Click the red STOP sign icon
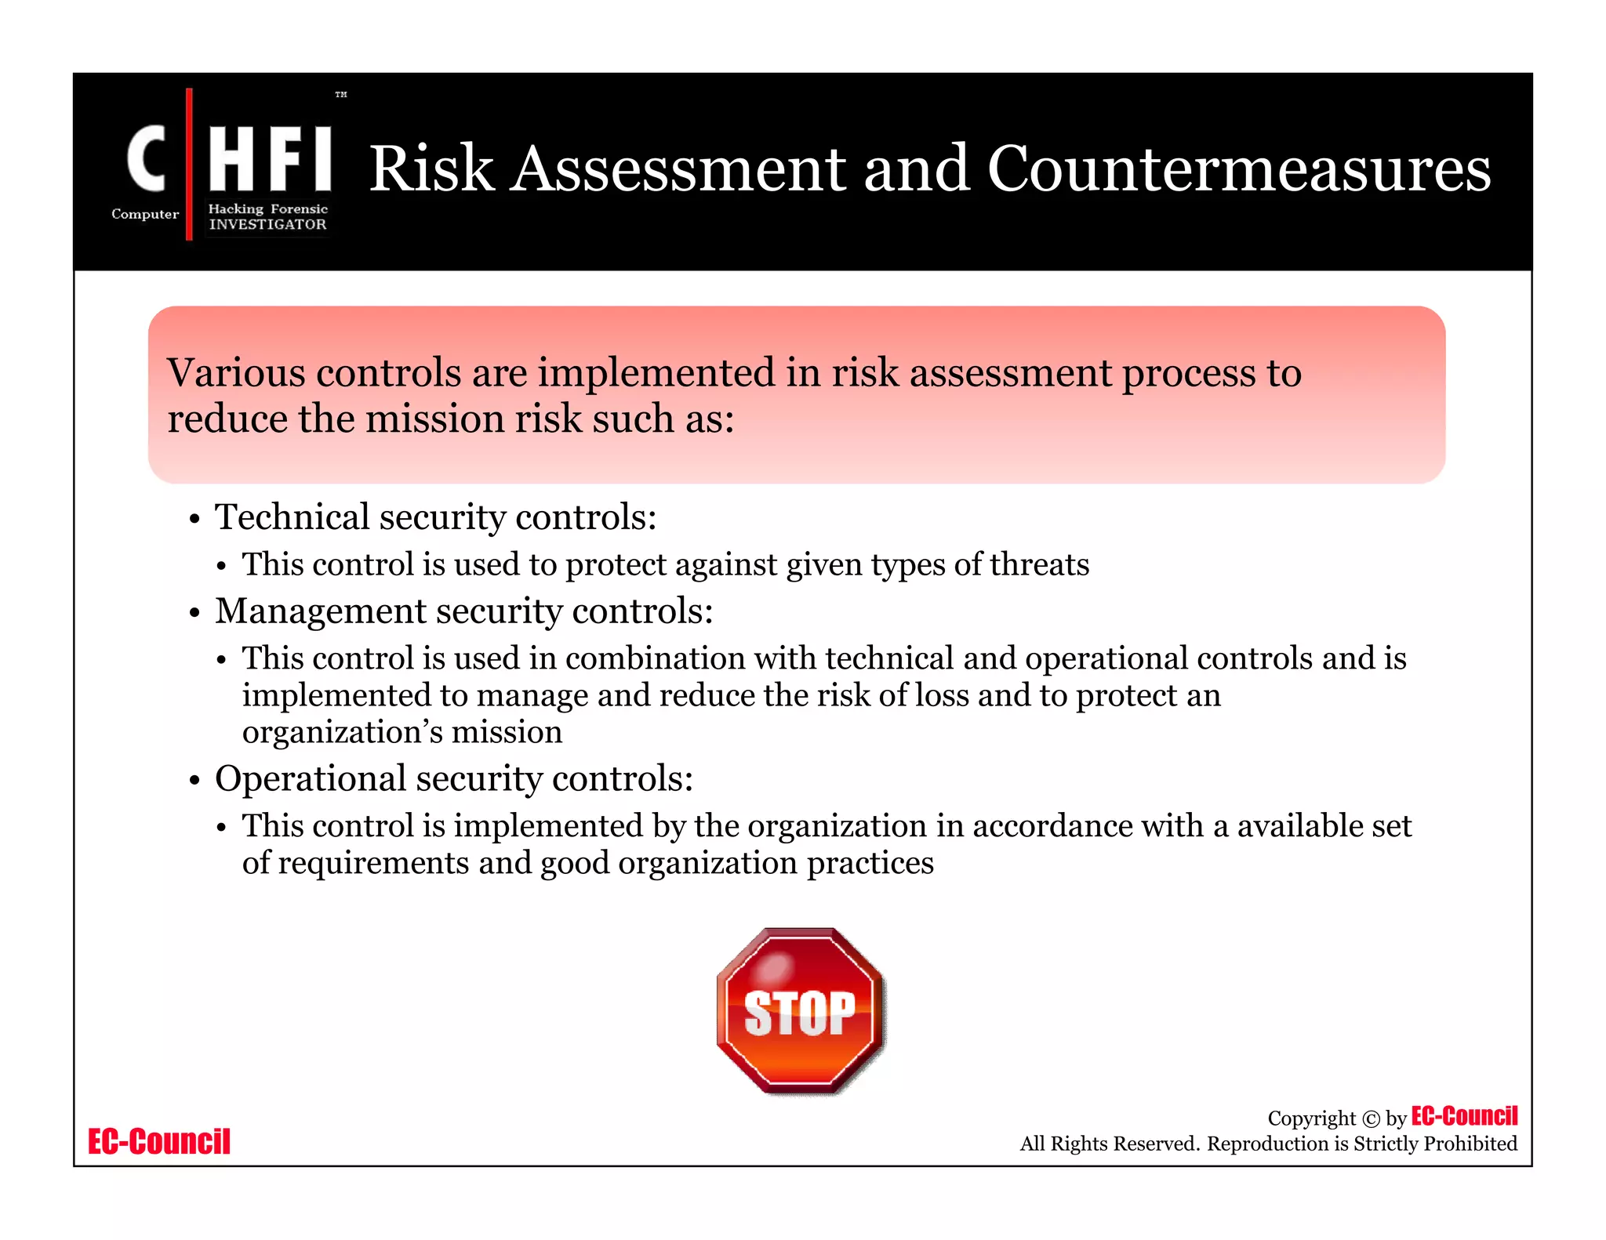(x=801, y=1010)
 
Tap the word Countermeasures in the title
(x=1238, y=169)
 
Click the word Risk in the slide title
(x=431, y=169)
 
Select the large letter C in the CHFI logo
(x=147, y=159)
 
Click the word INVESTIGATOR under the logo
(x=267, y=225)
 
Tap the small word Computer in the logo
(x=145, y=214)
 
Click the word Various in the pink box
(x=235, y=372)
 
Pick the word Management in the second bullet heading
(x=322, y=611)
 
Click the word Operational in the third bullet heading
(x=311, y=779)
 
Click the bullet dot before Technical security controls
(x=194, y=520)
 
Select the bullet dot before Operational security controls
(x=194, y=781)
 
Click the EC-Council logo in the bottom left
(x=159, y=1142)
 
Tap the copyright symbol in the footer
(x=1371, y=1119)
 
